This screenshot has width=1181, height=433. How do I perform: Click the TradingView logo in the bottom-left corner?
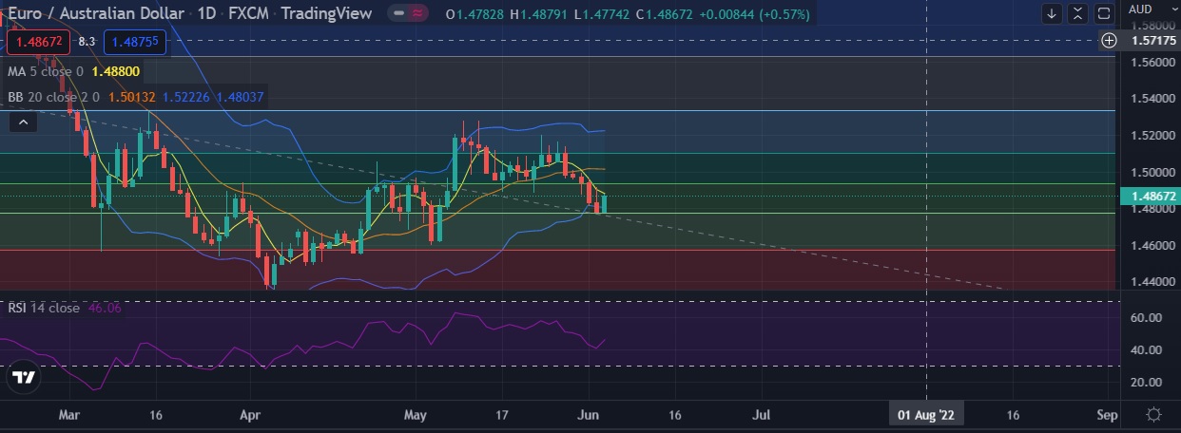(24, 378)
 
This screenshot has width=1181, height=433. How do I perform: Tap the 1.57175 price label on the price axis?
(1151, 40)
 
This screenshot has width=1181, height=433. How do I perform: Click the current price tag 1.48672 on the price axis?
(1151, 197)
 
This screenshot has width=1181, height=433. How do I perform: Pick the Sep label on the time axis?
(1106, 415)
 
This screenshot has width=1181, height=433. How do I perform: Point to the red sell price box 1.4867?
(38, 42)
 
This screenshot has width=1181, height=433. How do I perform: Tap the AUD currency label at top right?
(1140, 9)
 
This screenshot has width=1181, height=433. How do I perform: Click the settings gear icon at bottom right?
(1153, 415)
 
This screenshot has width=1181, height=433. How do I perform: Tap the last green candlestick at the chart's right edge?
(604, 201)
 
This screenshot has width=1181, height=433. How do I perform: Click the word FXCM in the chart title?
(247, 13)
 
